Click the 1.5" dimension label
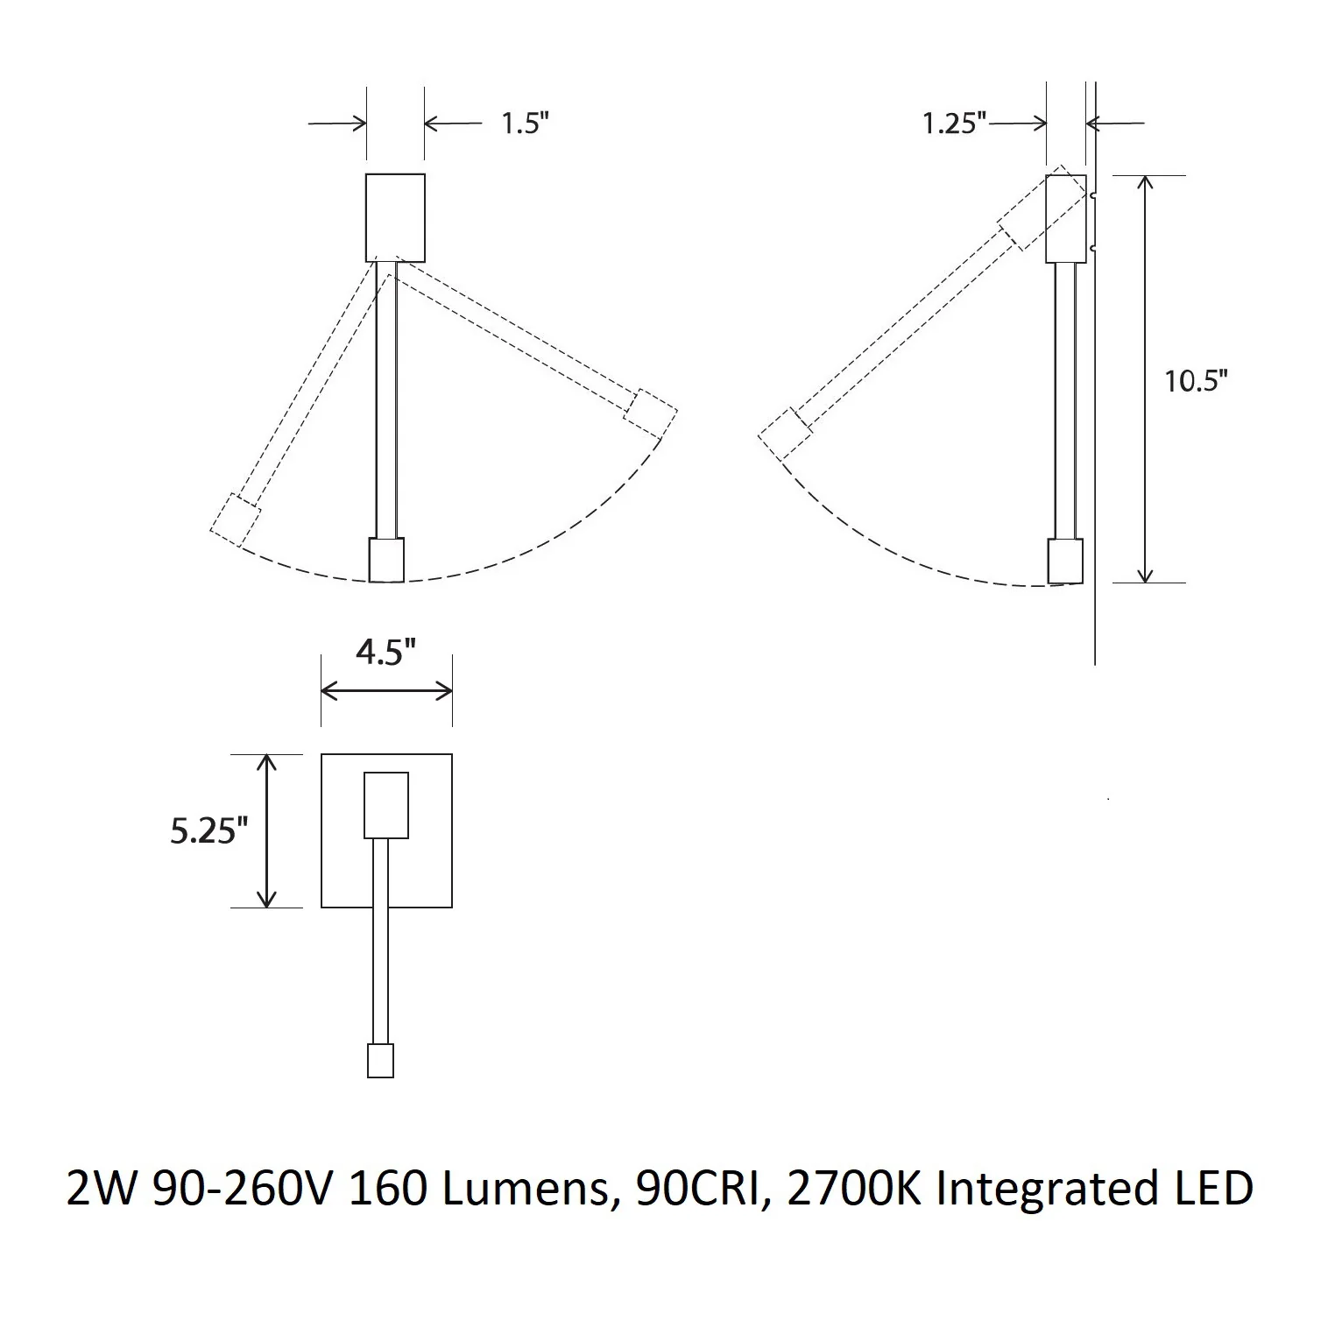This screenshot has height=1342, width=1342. click(524, 124)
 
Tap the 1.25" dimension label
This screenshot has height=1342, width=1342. click(954, 123)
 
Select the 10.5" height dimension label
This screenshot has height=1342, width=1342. click(1196, 381)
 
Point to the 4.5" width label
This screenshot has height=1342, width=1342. click(385, 652)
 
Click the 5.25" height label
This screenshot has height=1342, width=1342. click(203, 830)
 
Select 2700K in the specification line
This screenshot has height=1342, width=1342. click(854, 1190)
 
